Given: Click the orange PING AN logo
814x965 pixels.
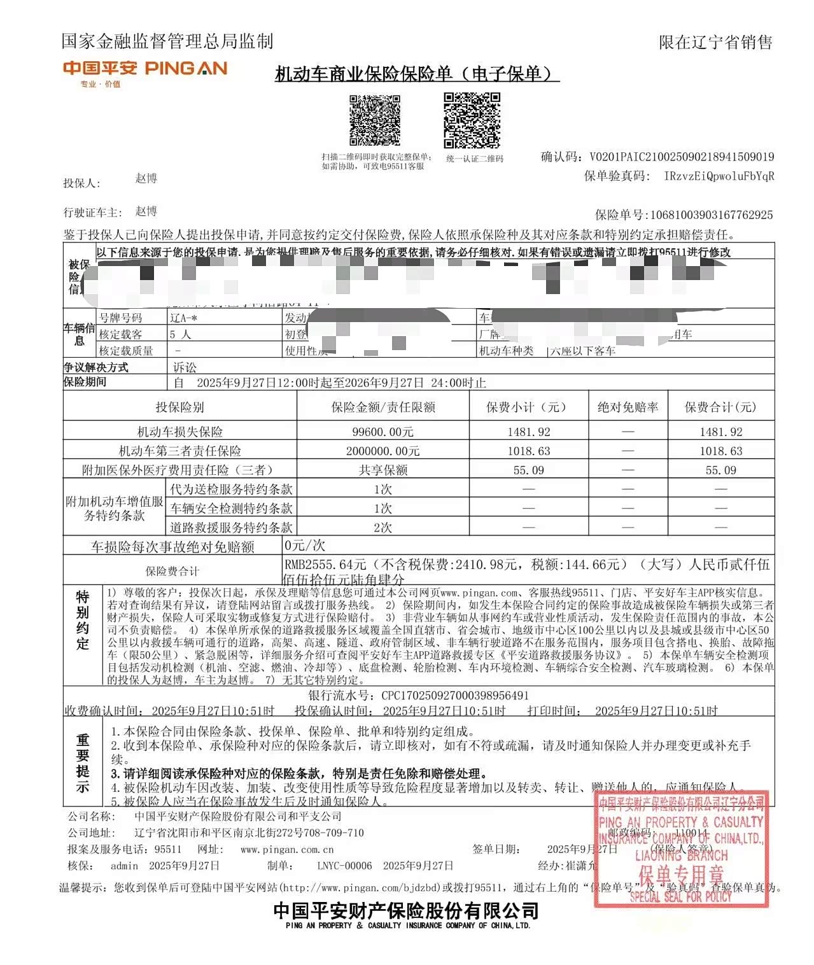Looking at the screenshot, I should pos(144,69).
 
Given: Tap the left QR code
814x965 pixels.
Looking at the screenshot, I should pos(374,120).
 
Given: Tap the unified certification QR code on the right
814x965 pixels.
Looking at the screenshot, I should pos(472,120).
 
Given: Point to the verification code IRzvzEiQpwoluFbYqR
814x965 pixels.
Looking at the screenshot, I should pos(719,176).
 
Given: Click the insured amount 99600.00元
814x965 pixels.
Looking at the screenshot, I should pos(382,432).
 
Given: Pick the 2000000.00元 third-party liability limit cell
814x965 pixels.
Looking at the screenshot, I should pos(382,451).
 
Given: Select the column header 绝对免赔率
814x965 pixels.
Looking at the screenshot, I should pos(628,407).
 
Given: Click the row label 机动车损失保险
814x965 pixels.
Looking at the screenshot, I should pos(180,432).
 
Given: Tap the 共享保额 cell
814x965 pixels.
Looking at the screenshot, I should pos(382,470).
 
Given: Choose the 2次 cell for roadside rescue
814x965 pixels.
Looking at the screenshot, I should pos(382,528).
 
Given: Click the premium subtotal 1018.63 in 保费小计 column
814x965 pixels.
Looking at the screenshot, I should pos(528,451).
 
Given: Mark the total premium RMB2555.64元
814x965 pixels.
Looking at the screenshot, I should pos(325,565).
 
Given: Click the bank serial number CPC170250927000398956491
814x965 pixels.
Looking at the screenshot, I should pos(455,696).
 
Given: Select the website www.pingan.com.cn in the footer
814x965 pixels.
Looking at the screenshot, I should pos(287,849).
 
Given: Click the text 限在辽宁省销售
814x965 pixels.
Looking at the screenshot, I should pos(715,43).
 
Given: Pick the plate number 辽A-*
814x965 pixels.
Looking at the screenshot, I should pos(183,318).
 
